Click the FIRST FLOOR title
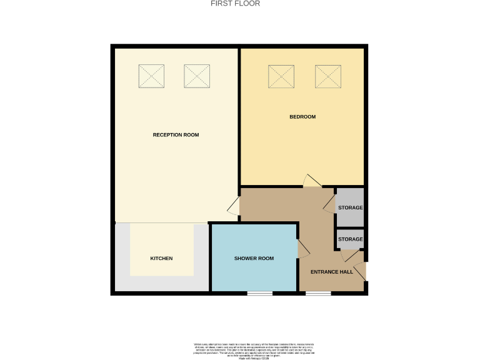235,4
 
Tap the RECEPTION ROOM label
176,135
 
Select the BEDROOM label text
302,117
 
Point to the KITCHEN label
161,259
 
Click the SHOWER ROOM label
254,259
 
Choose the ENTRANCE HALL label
332,272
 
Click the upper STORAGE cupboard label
350,207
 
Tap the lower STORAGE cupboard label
350,239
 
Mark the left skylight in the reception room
151,76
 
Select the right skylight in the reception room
196,76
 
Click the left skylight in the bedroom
281,76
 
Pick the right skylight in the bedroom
327,76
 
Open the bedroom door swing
312,181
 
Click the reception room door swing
233,207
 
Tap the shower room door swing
304,249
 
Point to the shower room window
259,293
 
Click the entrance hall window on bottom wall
318,293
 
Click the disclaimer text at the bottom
252,350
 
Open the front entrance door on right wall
365,271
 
